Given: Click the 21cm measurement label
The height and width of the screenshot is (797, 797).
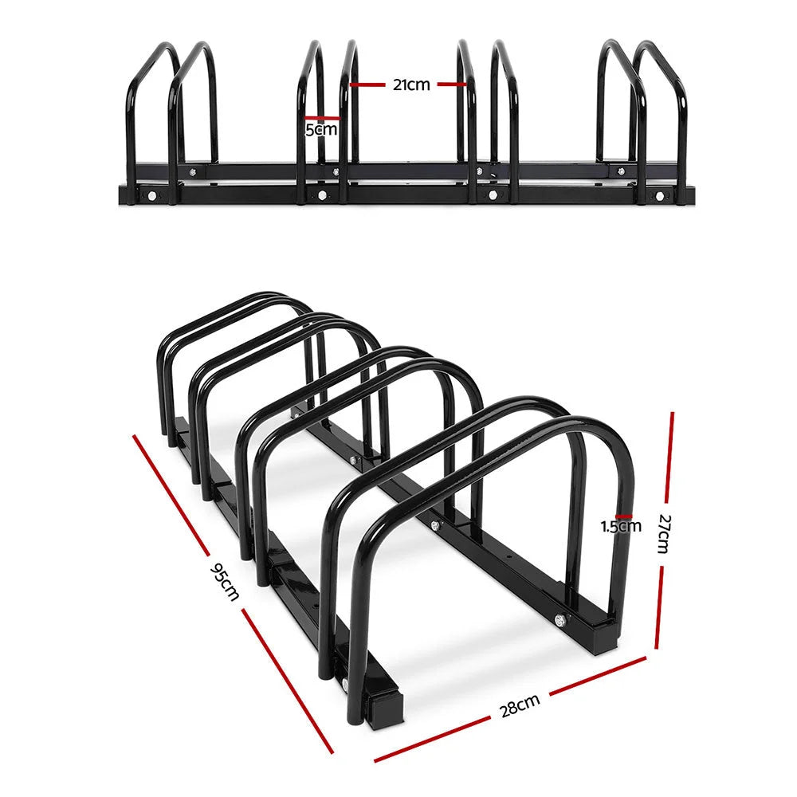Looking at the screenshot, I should [x=410, y=84].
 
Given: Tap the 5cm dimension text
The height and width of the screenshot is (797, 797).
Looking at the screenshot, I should [x=321, y=129].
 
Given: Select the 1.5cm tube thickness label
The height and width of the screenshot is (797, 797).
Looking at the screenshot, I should [x=621, y=525].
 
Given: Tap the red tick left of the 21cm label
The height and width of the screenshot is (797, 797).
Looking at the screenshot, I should [x=368, y=84].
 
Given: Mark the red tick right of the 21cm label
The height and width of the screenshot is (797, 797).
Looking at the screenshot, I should [x=450, y=84].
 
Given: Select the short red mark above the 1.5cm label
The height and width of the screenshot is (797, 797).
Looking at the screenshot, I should [x=623, y=516].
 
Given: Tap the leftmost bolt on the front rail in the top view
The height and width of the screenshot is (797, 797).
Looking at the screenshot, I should [x=151, y=195].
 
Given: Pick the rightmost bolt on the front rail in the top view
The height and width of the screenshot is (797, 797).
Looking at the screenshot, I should [x=658, y=195].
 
